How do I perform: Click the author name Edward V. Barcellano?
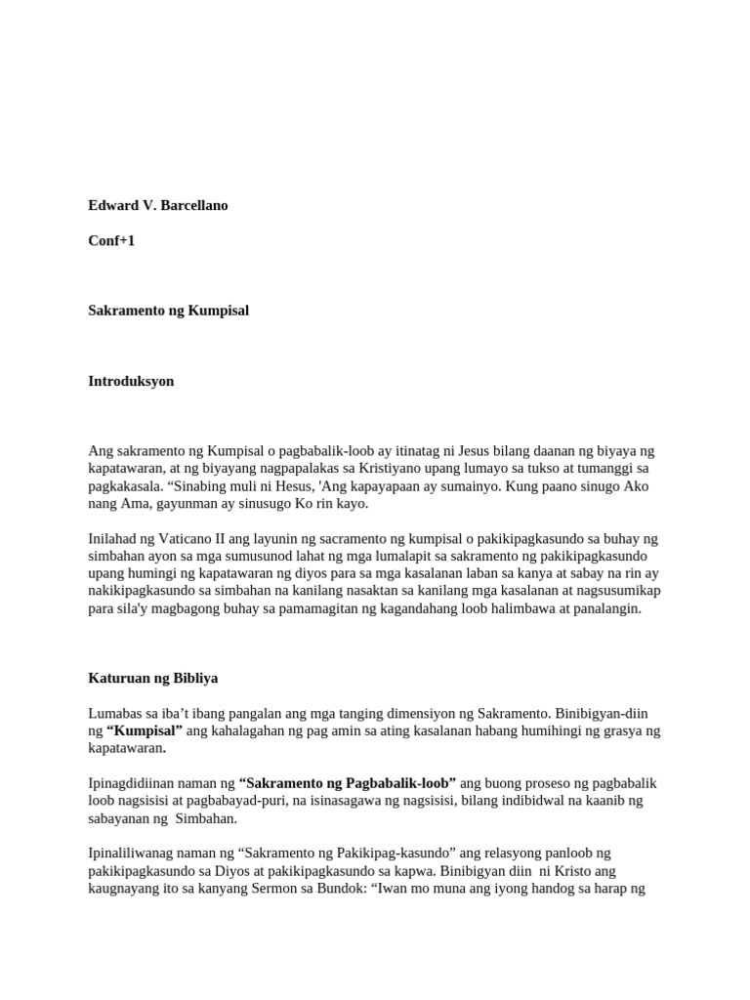158,206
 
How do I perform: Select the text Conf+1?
111,240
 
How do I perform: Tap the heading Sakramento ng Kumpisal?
169,311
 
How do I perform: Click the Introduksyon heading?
131,381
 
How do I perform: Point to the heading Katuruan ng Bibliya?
153,678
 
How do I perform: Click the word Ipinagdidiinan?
136,783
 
